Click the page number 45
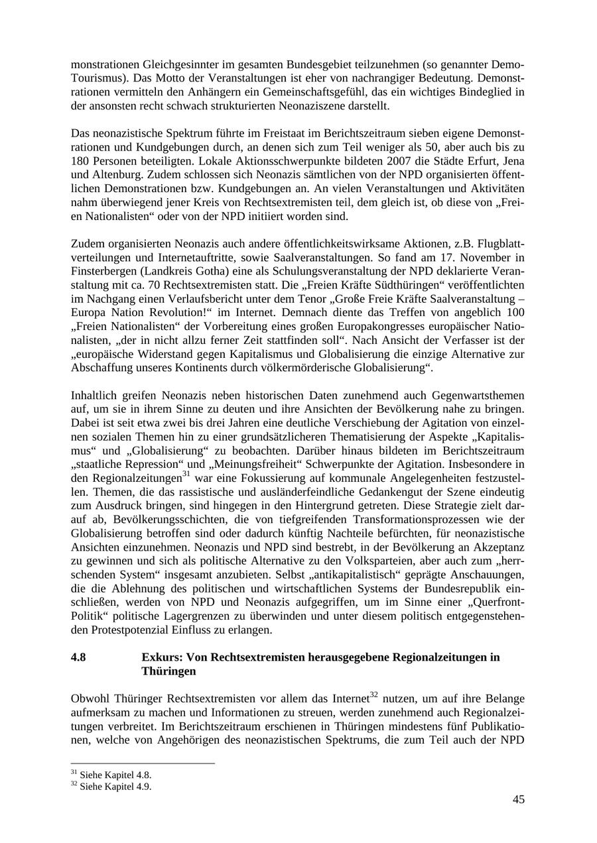coord(518,799)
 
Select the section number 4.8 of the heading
coord(78,657)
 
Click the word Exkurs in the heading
coord(161,657)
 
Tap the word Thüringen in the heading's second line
coord(168,671)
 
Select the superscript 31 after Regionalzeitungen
coord(186,475)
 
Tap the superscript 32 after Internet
coord(374,695)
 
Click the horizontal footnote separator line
coord(143,764)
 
